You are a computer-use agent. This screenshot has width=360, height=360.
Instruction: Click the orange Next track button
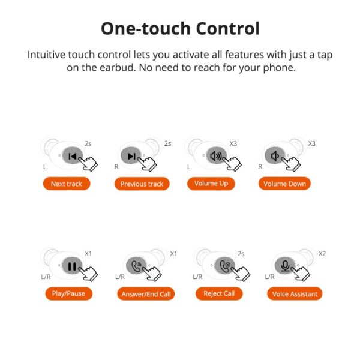click(67, 184)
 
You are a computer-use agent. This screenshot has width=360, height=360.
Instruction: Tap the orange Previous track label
click(142, 184)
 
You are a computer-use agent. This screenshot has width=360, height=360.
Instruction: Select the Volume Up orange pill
click(211, 183)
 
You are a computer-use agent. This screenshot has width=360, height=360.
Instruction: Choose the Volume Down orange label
click(284, 184)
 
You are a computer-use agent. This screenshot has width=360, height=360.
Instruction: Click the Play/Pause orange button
click(68, 294)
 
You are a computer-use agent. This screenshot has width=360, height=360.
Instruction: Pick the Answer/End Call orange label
click(146, 294)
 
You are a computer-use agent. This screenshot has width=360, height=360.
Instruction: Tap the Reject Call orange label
click(220, 293)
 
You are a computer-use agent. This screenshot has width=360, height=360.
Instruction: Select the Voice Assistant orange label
click(295, 294)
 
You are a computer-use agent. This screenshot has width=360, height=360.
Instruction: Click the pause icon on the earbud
click(71, 266)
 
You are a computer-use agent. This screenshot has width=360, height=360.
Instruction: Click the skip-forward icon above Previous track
click(132, 157)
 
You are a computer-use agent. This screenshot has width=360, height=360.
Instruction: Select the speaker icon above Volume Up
click(215, 156)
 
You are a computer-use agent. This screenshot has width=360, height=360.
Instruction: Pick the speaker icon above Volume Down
click(275, 156)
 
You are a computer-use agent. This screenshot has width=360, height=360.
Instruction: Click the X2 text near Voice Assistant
click(322, 254)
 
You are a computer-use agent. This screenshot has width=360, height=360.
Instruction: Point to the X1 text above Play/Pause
click(88, 254)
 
